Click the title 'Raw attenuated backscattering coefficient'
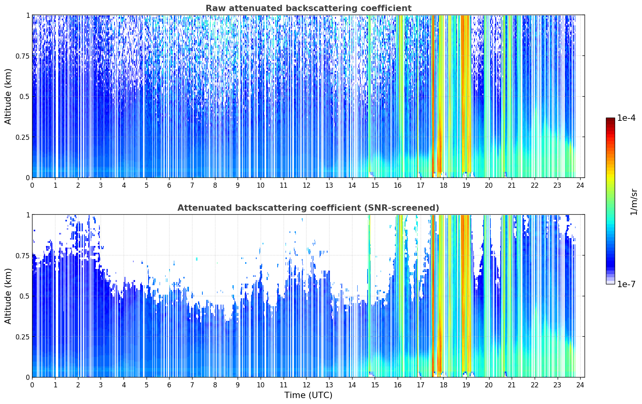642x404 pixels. [x=309, y=8]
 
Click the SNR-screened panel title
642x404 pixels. [x=308, y=208]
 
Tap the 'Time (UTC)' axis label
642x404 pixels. [x=309, y=395]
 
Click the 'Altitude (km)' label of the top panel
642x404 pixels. [x=8, y=96]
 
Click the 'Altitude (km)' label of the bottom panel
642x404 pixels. [x=8, y=296]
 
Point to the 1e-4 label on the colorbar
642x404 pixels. [x=626, y=118]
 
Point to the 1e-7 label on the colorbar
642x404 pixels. [x=626, y=284]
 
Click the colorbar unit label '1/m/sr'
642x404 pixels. [x=634, y=202]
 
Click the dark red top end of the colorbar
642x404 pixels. [x=610, y=119]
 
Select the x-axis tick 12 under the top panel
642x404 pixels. [x=307, y=185]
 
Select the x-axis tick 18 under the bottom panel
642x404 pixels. [x=444, y=385]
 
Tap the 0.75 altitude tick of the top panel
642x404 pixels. [x=23, y=56]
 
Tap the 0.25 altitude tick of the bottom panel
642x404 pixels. [x=23, y=337]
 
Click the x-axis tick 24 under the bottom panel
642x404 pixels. [x=580, y=385]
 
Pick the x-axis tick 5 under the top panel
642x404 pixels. [x=147, y=185]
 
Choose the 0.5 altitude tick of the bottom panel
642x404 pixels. [x=25, y=296]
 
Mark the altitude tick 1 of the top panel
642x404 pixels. [x=28, y=15]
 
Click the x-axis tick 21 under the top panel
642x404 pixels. [x=512, y=185]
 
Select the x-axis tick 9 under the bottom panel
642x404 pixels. [x=238, y=385]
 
